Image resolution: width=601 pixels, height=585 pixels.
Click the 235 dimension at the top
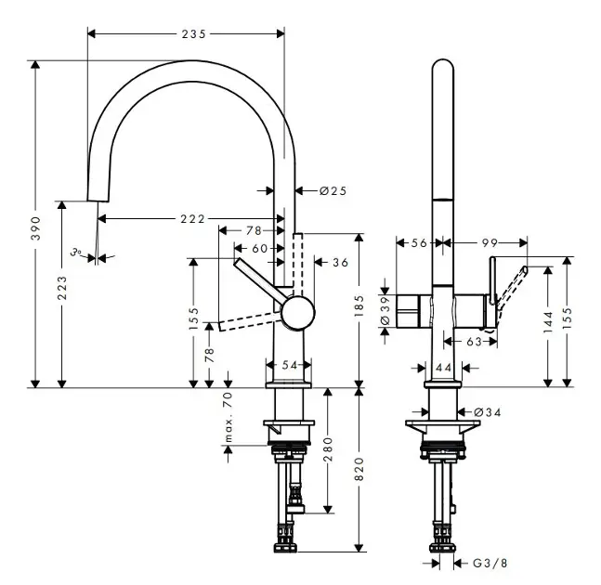click(x=194, y=33)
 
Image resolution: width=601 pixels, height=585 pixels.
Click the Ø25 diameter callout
click(x=333, y=190)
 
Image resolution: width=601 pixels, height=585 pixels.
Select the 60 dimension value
click(x=259, y=248)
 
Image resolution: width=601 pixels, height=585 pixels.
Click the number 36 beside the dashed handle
click(x=340, y=263)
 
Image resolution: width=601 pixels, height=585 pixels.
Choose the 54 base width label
click(x=289, y=365)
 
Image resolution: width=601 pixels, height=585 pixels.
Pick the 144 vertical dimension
click(x=548, y=322)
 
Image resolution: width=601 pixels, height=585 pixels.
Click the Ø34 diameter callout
click(x=488, y=411)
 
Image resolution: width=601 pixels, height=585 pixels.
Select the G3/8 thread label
click(x=490, y=562)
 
